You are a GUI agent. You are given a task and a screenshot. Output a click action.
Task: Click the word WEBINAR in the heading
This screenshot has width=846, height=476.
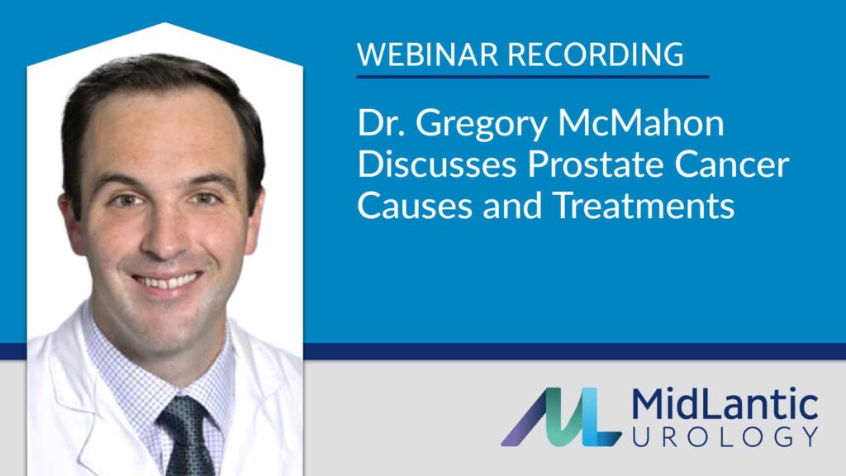(x=427, y=54)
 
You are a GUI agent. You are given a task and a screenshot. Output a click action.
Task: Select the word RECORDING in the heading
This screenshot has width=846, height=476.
(x=596, y=54)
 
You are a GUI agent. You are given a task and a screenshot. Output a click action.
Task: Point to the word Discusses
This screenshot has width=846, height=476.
(x=437, y=164)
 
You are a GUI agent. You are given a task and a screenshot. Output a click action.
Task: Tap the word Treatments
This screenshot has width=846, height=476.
(x=644, y=206)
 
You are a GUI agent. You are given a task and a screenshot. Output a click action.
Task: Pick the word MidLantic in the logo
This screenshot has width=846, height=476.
(x=725, y=404)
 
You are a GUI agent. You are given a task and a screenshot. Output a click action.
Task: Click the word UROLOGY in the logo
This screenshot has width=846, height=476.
(x=725, y=436)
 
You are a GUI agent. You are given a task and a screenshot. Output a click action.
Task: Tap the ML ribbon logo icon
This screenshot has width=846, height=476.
(x=561, y=416)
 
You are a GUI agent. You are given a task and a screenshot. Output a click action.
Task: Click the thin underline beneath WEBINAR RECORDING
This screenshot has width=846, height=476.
(x=533, y=77)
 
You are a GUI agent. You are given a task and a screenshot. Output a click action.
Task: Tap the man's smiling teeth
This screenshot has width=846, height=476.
(x=167, y=282)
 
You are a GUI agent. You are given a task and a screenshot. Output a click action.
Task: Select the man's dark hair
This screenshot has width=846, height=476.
(x=162, y=86)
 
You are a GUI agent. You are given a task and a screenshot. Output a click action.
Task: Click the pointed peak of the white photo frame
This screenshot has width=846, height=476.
(x=164, y=23)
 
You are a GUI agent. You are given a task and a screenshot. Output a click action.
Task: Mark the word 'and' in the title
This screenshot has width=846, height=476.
(x=512, y=206)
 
